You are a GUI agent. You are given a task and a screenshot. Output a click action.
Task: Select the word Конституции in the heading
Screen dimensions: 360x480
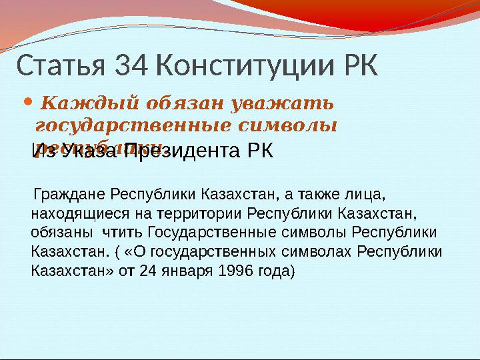pos(249,66)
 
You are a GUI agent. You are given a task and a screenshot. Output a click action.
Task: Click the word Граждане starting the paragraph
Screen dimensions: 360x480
pos(69,196)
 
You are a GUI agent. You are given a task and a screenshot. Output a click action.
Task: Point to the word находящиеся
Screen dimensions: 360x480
pos(73,215)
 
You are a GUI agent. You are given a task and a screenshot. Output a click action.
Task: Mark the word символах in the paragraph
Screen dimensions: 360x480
pos(323,252)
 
